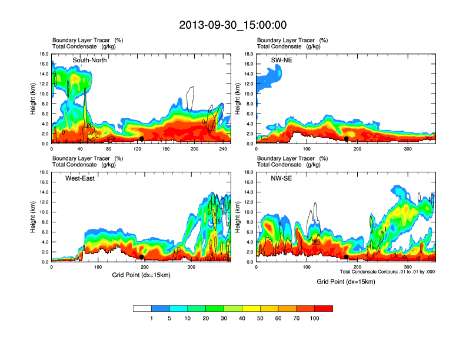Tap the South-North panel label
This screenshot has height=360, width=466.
pos(89,60)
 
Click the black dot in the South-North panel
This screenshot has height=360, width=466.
pos(142,138)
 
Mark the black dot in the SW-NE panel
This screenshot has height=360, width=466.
pos(347,138)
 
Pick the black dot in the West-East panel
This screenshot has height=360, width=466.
pos(142,256)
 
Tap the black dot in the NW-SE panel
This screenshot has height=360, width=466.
pos(347,256)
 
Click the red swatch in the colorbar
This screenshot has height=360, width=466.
pos(324,308)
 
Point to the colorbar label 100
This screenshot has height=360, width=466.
pos(315,318)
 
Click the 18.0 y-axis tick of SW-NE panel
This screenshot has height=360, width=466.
pos(249,54)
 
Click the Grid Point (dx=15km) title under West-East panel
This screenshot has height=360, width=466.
pos(142,275)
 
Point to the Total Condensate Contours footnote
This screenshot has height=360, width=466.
pos(387,271)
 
